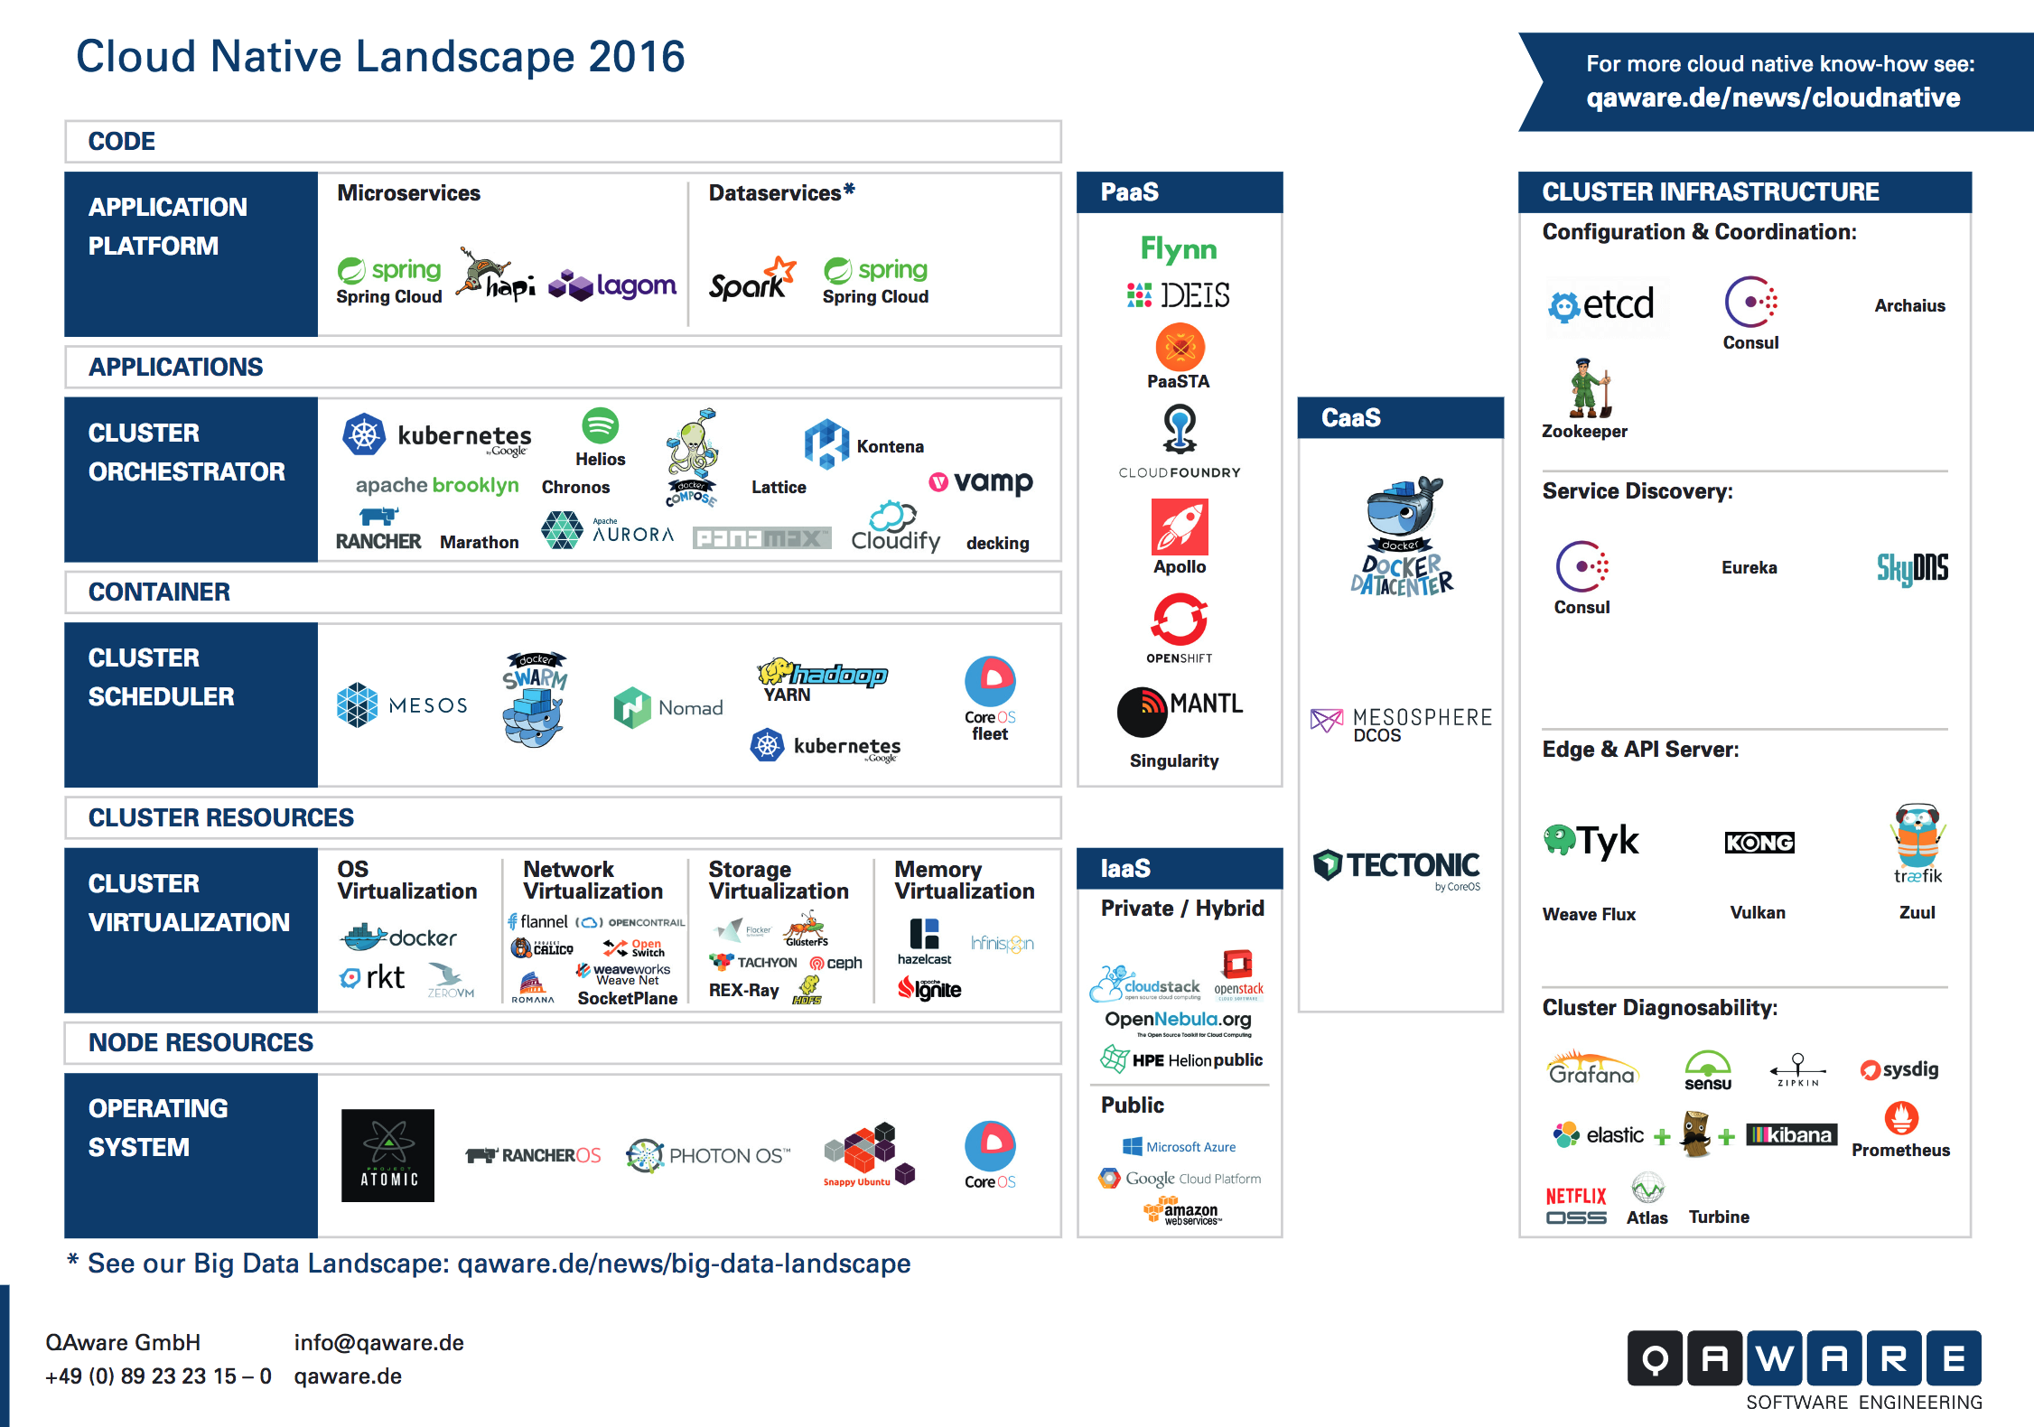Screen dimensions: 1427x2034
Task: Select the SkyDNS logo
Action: click(x=1912, y=568)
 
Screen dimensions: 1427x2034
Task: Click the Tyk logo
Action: click(x=1591, y=841)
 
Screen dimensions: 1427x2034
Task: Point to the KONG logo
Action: click(x=1759, y=843)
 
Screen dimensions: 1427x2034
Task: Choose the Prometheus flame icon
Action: click(x=1901, y=1119)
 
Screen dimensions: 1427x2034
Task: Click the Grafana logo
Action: click(x=1592, y=1068)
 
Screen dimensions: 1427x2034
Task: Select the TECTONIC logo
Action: click(x=1397, y=866)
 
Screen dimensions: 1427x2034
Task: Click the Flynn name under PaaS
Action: click(x=1179, y=248)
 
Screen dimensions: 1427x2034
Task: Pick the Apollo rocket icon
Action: click(x=1180, y=527)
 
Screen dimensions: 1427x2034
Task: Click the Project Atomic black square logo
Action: click(x=387, y=1155)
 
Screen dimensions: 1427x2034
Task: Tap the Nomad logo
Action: click(x=668, y=707)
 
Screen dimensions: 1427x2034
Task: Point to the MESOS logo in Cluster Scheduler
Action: click(x=402, y=704)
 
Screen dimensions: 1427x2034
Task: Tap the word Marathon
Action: click(x=480, y=542)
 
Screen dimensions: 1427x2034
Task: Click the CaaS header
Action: click(x=1351, y=418)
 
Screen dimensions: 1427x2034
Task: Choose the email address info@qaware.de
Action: click(x=378, y=1343)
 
